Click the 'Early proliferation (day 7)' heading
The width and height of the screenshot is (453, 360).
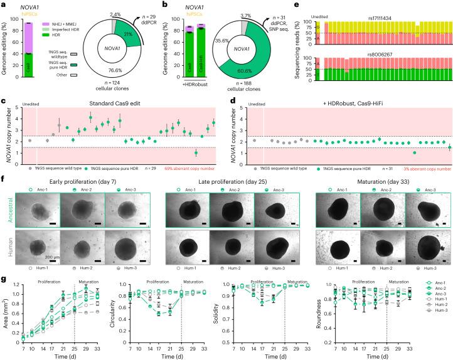click(x=75, y=178)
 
